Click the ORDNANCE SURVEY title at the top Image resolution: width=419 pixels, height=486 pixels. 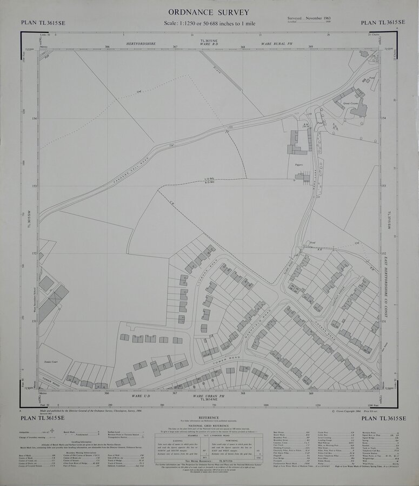[208, 12]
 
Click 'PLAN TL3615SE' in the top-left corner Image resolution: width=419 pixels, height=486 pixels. [42, 23]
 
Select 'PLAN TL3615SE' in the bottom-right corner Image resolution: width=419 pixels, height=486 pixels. [378, 418]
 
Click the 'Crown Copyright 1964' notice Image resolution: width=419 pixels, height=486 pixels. [349, 411]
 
